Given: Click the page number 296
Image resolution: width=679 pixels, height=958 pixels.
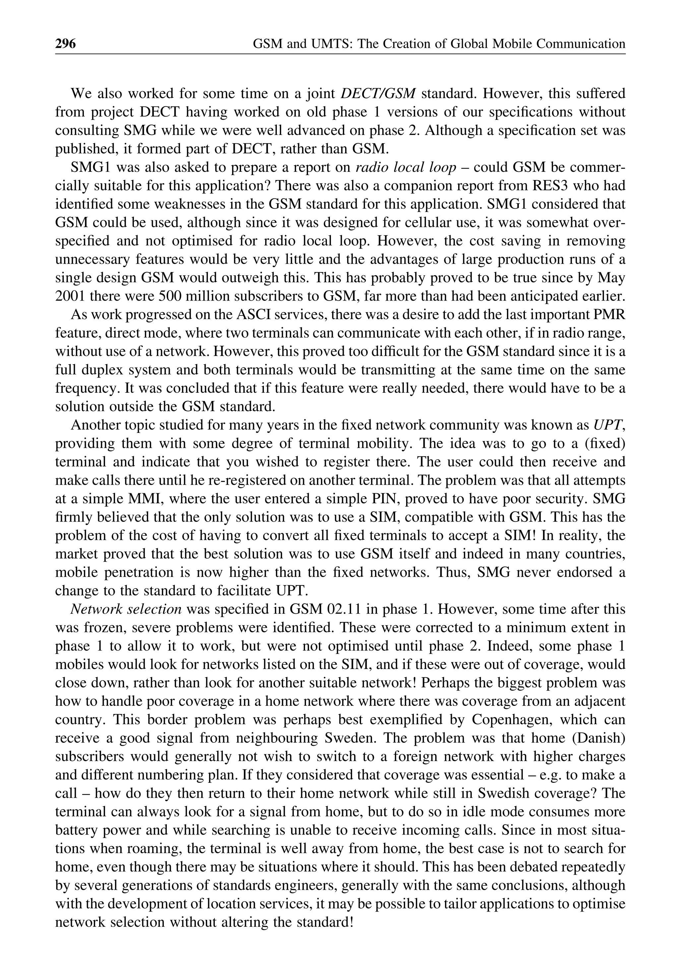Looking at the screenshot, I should [x=66, y=43].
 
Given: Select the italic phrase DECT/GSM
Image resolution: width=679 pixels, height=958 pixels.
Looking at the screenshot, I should [x=378, y=93].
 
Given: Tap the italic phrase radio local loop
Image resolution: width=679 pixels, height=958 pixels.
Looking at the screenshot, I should [x=405, y=167].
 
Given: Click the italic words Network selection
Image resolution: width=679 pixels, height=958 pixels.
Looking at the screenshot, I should [x=126, y=609].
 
